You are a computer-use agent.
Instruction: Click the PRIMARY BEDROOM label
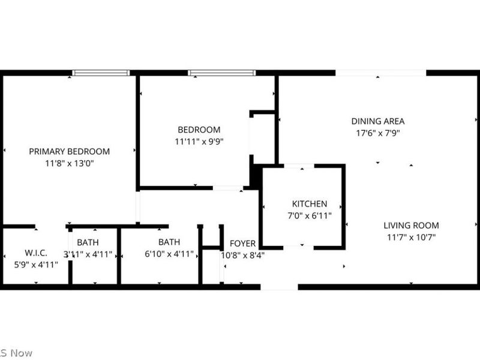coord(70,151)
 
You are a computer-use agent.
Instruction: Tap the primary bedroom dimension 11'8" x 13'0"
coord(70,163)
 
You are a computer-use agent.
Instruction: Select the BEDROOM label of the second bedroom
coord(199,130)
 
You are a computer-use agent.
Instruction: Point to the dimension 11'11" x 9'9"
coord(199,142)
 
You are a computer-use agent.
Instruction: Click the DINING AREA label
coord(378,121)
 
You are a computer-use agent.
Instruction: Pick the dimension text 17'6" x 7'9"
coord(378,133)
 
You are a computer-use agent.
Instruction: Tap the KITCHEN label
coord(310,204)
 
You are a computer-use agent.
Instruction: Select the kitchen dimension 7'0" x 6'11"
coord(310,215)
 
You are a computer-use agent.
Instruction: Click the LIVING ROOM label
coord(412,226)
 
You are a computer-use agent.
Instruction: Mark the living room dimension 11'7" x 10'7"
coord(412,237)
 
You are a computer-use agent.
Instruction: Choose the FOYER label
coord(242,244)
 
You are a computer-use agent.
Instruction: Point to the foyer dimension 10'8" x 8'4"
coord(242,254)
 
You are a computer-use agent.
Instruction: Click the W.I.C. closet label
coord(36,252)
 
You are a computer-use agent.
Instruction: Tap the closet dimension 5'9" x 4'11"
coord(36,263)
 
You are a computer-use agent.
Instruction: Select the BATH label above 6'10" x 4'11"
coord(169,242)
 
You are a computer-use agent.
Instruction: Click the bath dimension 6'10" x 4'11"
coord(169,254)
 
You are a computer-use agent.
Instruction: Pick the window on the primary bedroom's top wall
coord(101,73)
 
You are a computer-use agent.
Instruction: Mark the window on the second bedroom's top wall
coord(222,73)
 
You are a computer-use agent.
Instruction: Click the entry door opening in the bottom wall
coord(279,287)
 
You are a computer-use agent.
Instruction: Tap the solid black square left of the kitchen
coord(255,176)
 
